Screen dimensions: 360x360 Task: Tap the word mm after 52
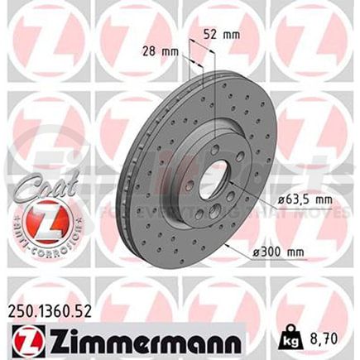[x=233, y=35]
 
